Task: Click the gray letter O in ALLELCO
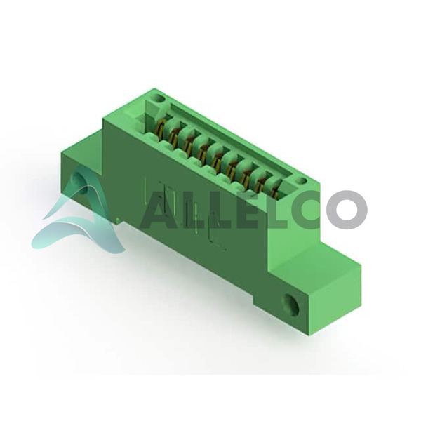pos(347,210)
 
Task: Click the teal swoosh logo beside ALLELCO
pos(80,212)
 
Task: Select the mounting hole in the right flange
pos(291,304)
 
